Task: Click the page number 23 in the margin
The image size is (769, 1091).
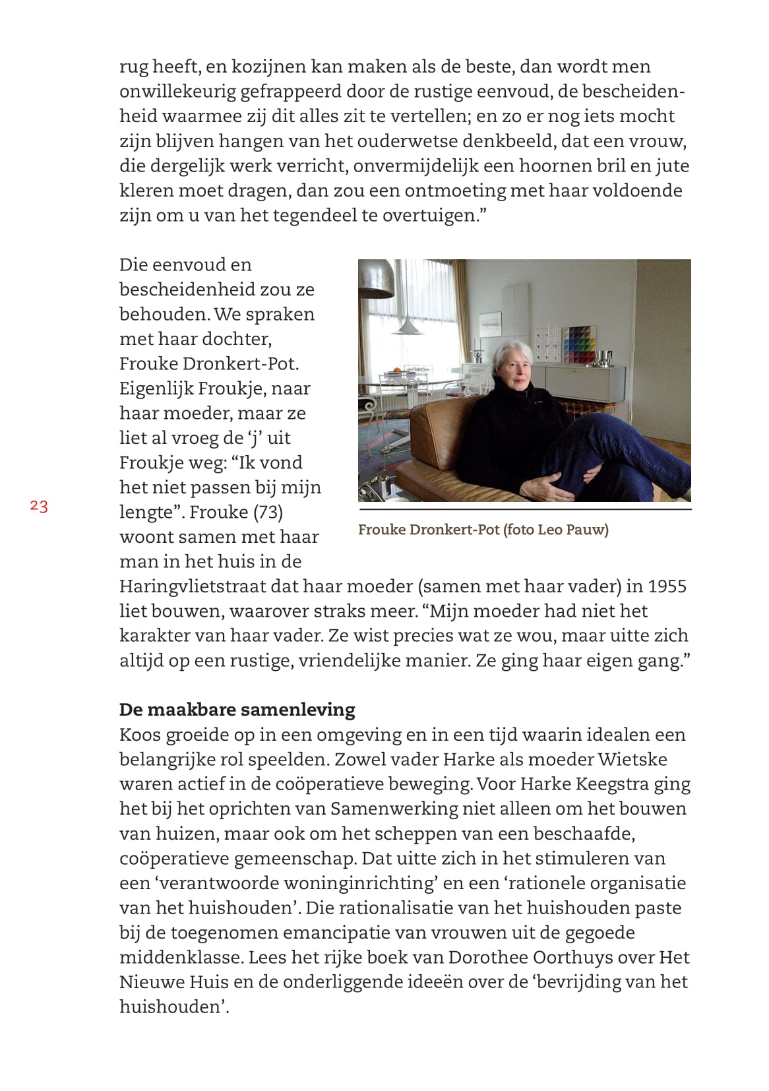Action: pos(38,507)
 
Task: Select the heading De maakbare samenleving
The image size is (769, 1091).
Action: pos(237,710)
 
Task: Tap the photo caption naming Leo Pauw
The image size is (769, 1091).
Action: pos(483,530)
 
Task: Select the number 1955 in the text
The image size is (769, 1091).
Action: pos(667,586)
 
